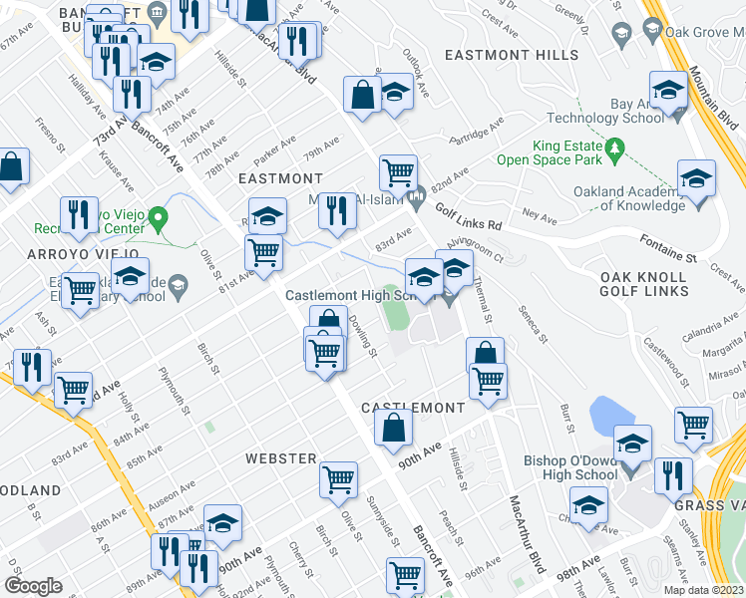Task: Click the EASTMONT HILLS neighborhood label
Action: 512,54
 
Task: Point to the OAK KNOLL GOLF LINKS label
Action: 643,283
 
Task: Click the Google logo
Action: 33,585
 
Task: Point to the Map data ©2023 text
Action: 703,590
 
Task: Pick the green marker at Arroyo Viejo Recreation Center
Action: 158,216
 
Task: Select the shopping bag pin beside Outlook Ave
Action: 362,96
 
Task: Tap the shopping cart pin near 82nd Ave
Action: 398,171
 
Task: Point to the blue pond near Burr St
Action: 607,413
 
